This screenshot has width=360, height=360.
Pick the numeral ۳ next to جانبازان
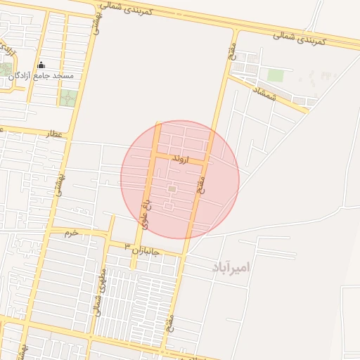click(127, 246)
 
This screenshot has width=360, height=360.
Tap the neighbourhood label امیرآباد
click(229, 267)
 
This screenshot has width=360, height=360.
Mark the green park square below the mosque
click(67, 98)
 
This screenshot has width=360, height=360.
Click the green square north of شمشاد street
click(276, 75)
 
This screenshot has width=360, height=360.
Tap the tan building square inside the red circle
click(172, 188)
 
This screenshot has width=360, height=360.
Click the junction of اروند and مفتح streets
click(207, 162)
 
